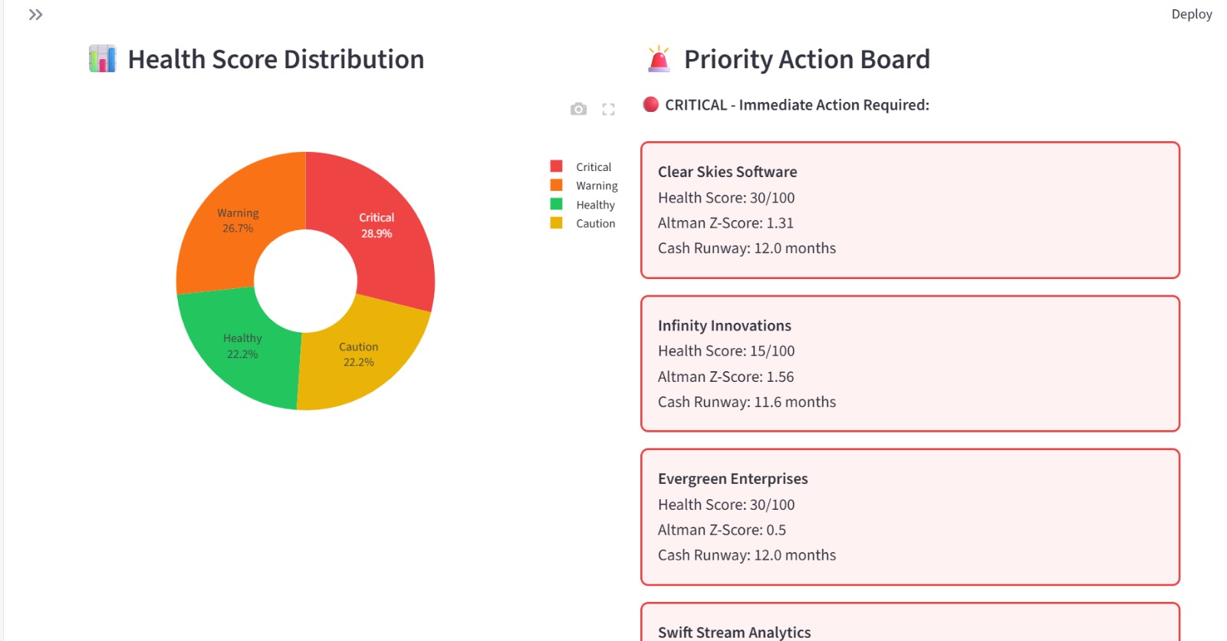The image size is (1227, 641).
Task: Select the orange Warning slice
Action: (x=238, y=222)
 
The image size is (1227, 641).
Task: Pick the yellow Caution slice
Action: (x=359, y=357)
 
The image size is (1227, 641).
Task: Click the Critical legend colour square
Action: (x=557, y=166)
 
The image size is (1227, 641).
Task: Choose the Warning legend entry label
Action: (x=597, y=186)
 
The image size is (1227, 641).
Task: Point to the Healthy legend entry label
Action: (x=595, y=205)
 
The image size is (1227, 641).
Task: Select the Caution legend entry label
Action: (x=595, y=223)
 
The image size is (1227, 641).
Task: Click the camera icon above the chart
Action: (x=578, y=109)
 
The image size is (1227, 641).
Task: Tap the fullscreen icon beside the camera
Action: (x=608, y=109)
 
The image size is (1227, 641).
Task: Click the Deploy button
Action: (x=1191, y=14)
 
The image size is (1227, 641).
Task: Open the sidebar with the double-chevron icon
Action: (x=35, y=15)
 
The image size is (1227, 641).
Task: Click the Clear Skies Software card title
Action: (x=727, y=172)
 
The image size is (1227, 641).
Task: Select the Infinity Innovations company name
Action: (x=724, y=325)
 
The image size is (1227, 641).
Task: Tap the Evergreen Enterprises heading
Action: (x=732, y=478)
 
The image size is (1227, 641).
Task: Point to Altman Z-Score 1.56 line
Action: (x=725, y=376)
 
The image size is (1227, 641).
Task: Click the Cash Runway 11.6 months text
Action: (x=746, y=402)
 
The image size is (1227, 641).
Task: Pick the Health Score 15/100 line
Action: (x=725, y=350)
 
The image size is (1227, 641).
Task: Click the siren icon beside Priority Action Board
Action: (x=658, y=59)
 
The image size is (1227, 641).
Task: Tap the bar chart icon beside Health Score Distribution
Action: (x=102, y=59)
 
